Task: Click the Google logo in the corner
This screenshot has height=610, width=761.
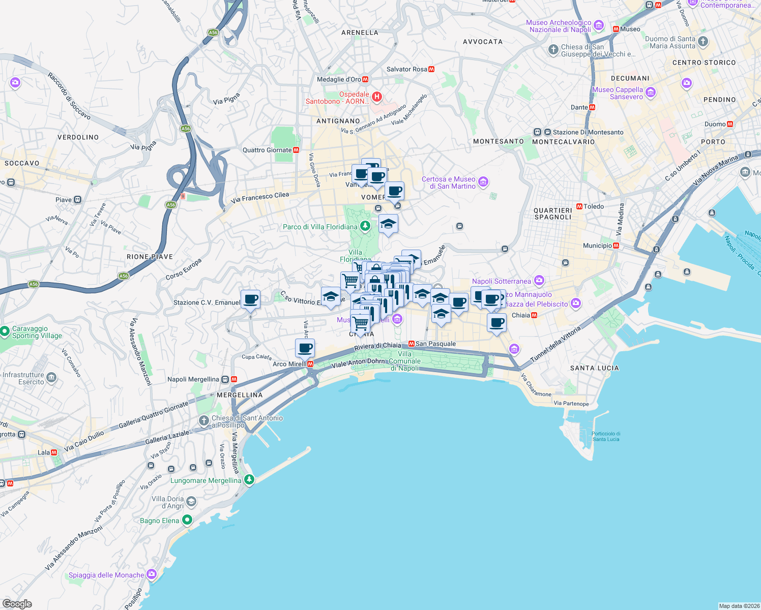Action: pyautogui.click(x=17, y=604)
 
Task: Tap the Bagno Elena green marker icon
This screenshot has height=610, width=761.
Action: pyautogui.click(x=187, y=520)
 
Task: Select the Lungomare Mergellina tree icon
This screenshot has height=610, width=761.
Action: pyautogui.click(x=249, y=479)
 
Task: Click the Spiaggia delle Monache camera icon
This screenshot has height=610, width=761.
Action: pyautogui.click(x=152, y=574)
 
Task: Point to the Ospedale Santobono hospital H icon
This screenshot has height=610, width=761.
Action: pyautogui.click(x=377, y=97)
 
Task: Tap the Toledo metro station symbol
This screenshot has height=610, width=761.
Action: pyautogui.click(x=579, y=206)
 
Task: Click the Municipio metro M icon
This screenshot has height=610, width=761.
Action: pyautogui.click(x=617, y=246)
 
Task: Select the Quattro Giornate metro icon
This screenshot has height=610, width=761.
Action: pyautogui.click(x=296, y=150)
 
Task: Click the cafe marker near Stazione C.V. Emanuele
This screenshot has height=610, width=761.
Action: pyautogui.click(x=250, y=300)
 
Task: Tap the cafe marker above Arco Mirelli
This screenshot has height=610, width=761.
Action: pyautogui.click(x=305, y=349)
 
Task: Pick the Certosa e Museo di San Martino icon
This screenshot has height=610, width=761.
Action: pyautogui.click(x=483, y=181)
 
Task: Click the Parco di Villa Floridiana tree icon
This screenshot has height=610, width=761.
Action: pyautogui.click(x=365, y=226)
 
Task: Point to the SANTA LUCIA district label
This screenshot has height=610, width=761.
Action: pyautogui.click(x=594, y=368)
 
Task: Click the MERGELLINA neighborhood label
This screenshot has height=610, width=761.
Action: pyautogui.click(x=240, y=395)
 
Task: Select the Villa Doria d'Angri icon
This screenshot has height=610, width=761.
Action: pyautogui.click(x=191, y=502)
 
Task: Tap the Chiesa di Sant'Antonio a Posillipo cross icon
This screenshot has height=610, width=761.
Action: pyautogui.click(x=204, y=420)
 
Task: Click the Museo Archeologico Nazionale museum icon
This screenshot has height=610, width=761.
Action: pyautogui.click(x=599, y=25)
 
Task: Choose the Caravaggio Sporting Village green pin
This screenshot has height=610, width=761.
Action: pyautogui.click(x=5, y=332)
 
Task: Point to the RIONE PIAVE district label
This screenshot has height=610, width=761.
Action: pyautogui.click(x=150, y=257)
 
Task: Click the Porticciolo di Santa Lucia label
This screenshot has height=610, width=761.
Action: pyautogui.click(x=605, y=436)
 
